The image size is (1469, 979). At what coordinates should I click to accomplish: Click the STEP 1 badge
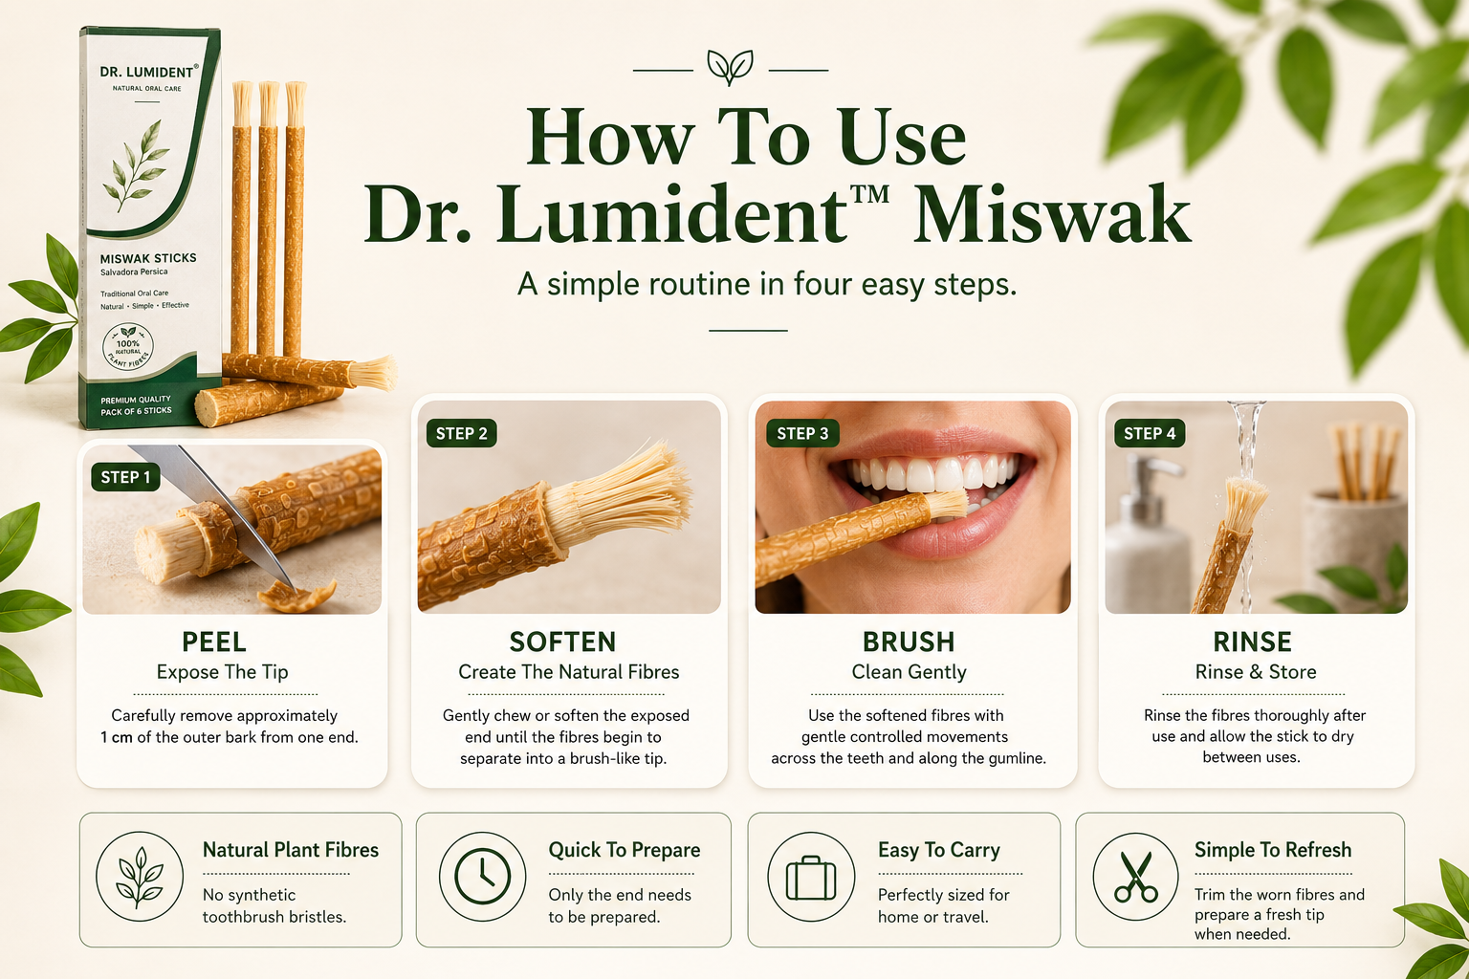(x=126, y=477)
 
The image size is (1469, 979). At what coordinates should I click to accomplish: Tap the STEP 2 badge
(x=462, y=433)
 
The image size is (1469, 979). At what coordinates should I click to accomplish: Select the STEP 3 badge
(x=802, y=433)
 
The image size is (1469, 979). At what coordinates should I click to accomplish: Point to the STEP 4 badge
(x=1150, y=433)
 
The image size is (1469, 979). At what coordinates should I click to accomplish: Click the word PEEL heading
(x=214, y=642)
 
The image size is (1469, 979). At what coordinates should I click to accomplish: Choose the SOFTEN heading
(x=562, y=642)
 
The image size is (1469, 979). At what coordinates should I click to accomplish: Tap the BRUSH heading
(x=909, y=642)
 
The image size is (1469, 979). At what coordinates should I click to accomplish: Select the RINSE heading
(x=1252, y=642)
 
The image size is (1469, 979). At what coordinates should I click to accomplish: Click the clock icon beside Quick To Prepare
(x=483, y=877)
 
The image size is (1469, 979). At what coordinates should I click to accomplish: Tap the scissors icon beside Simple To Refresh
(x=1136, y=877)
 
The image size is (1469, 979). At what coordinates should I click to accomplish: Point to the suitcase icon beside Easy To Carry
(x=811, y=877)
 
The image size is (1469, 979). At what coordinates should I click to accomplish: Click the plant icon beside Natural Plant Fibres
(x=139, y=877)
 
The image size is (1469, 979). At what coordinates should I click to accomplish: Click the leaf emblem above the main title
(x=730, y=68)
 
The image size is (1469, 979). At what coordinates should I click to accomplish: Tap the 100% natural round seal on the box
(x=128, y=347)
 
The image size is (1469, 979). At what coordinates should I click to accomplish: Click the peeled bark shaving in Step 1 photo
(x=296, y=596)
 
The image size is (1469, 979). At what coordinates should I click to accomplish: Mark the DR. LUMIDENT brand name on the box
(x=148, y=72)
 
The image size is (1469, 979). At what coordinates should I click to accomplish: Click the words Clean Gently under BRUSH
(x=909, y=672)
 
